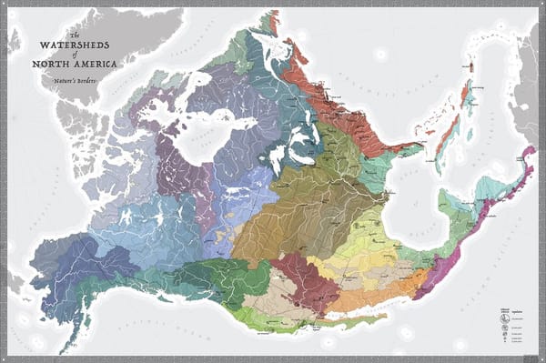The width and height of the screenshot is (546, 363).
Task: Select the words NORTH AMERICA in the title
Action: (74, 63)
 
